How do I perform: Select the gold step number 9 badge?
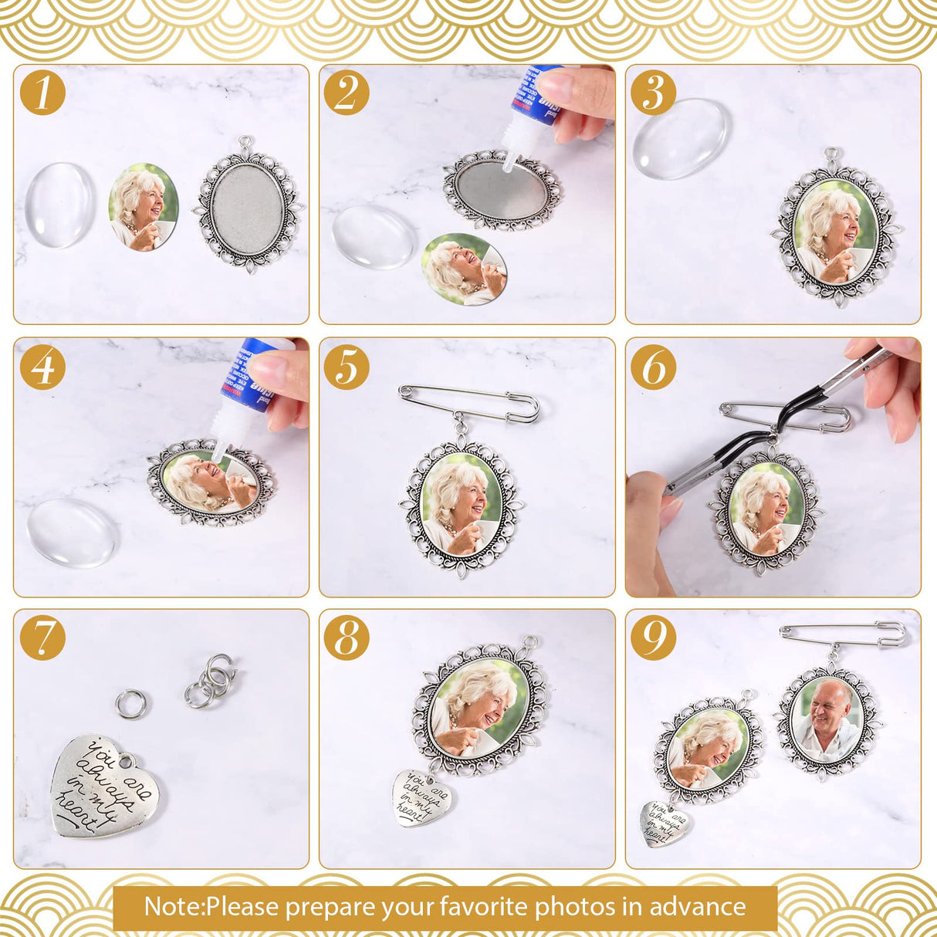pos(653,638)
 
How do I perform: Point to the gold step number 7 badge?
pos(42,638)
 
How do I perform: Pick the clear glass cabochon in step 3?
pos(680,138)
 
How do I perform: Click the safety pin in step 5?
pos(469,404)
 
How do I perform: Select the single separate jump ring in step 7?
pos(130,703)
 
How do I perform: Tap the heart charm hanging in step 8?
pos(422,798)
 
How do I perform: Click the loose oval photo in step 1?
pos(144,206)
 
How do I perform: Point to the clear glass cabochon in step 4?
pos(72,533)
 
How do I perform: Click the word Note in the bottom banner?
pos(172,906)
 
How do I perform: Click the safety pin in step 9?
pos(844,634)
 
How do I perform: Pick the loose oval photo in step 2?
pos(464,269)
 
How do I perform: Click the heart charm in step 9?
pos(666,823)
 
